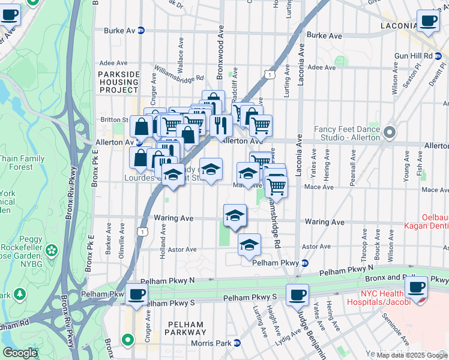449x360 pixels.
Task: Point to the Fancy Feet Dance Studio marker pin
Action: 390,131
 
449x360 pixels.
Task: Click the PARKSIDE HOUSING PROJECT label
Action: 118,82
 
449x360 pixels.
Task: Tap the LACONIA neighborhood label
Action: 398,26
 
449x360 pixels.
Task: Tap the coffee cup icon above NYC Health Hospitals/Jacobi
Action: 416,287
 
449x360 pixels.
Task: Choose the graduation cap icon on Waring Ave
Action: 235,215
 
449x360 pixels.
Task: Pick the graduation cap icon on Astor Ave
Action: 249,244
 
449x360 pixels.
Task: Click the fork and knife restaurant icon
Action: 221,125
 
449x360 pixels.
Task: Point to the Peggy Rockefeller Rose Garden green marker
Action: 52,249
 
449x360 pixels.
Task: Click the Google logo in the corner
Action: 20,353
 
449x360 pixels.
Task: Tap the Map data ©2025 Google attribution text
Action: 412,355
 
